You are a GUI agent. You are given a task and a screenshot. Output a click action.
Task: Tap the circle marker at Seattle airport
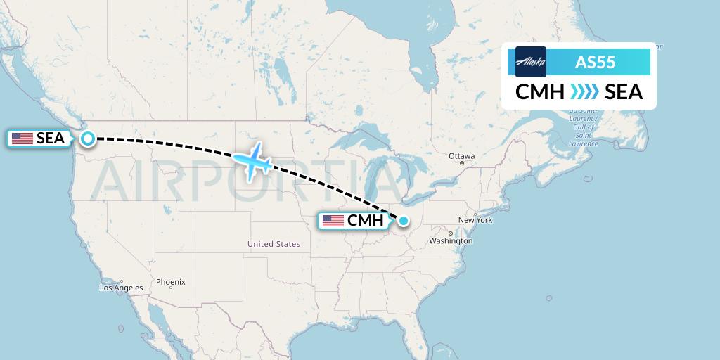click(88, 139)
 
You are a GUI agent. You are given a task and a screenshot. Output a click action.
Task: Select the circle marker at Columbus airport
click(404, 221)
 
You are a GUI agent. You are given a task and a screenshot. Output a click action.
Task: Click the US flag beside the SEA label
click(22, 139)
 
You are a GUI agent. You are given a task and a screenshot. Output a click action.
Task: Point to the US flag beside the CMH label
click(333, 221)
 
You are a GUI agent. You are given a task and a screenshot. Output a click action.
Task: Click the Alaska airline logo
click(530, 62)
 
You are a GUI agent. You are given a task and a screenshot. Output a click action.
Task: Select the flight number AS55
click(596, 62)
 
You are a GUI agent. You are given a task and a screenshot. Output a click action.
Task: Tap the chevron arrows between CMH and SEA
click(584, 92)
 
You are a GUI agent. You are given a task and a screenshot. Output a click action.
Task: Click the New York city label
click(475, 220)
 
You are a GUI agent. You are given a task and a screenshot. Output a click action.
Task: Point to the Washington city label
click(451, 241)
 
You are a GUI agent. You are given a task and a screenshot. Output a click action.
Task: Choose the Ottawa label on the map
click(462, 155)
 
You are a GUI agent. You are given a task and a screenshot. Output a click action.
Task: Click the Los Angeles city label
click(121, 288)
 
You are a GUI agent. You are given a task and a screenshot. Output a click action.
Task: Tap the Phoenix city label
click(171, 282)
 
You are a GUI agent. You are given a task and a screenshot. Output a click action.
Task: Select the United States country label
click(274, 244)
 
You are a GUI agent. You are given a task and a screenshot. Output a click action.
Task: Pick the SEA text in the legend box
click(624, 92)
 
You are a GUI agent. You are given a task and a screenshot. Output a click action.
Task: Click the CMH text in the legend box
click(540, 92)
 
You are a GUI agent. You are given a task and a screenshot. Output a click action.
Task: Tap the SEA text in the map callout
click(51, 139)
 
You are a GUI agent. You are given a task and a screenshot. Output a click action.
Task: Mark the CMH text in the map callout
click(366, 221)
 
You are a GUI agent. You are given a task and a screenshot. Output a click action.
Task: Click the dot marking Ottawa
click(462, 163)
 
